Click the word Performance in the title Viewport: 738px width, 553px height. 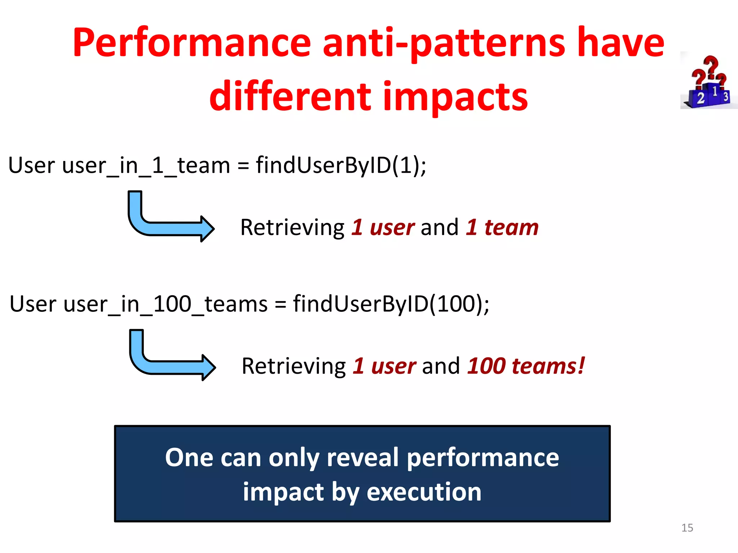(191, 43)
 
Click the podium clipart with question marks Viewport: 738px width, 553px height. (708, 81)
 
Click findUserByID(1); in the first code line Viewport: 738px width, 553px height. (341, 166)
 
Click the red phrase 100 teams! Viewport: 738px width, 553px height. (526, 366)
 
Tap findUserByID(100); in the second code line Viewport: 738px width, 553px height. (391, 304)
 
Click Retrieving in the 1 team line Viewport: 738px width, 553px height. (292, 228)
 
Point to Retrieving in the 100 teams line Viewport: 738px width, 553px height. (294, 367)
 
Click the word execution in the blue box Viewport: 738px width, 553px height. (424, 492)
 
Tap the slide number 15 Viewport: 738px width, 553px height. (687, 528)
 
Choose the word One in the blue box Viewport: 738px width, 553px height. (189, 458)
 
